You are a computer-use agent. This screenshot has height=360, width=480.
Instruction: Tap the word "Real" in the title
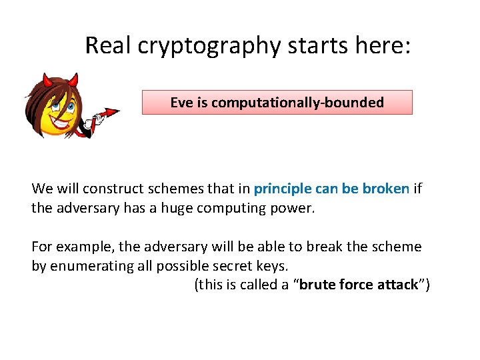coord(109,45)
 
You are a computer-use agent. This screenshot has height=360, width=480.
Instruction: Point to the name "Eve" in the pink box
coord(180,103)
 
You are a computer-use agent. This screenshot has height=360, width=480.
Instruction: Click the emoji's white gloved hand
coord(86,123)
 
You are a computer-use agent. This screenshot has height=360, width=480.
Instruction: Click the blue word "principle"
coord(283,189)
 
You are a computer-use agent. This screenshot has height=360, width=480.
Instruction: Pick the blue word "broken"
coord(385,189)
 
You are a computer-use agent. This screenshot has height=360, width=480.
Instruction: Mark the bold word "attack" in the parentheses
coord(396,285)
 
